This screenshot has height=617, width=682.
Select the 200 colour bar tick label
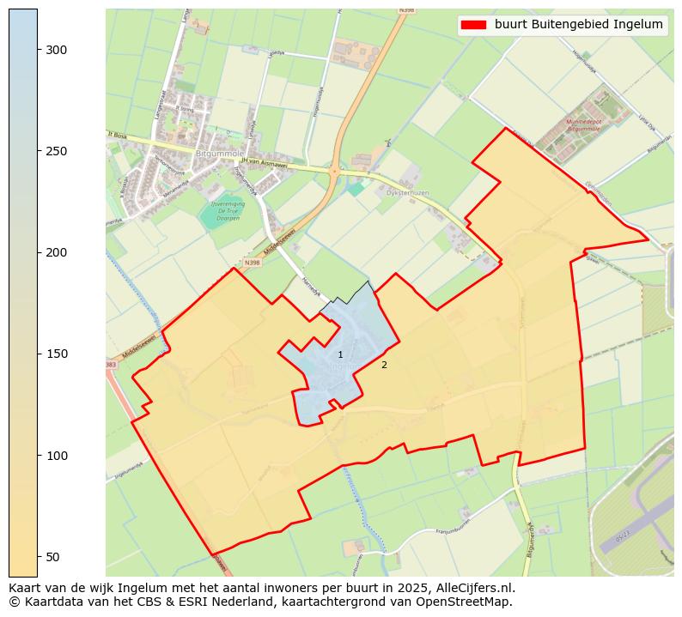(56, 252)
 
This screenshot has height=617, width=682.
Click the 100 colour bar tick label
(56, 455)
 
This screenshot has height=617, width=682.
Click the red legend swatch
(473, 25)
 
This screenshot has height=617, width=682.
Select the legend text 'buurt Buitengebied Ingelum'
(578, 25)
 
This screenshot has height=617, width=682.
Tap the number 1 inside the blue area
(340, 354)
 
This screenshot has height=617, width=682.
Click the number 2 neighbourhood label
(384, 365)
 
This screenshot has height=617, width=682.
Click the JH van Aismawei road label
(264, 161)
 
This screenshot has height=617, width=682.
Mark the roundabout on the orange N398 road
(333, 171)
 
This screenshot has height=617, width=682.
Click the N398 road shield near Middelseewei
(252, 263)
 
